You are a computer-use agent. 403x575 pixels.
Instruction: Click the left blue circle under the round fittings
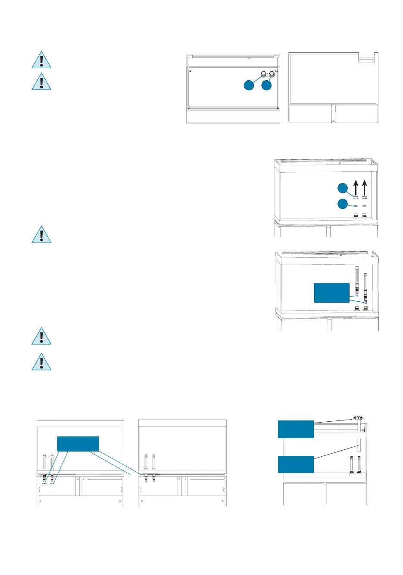[249, 85]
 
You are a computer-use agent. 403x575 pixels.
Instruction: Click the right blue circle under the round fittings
[267, 85]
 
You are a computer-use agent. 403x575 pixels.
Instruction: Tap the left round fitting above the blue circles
[264, 74]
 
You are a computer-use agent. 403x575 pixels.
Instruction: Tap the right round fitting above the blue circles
[272, 74]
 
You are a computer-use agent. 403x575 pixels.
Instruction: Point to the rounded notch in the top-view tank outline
[367, 59]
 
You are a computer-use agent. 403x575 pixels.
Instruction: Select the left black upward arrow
[356, 188]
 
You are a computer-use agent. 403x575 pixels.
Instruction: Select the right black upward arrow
[365, 188]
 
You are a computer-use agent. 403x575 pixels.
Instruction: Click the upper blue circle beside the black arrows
[342, 188]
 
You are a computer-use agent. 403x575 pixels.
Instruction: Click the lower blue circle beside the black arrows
[342, 204]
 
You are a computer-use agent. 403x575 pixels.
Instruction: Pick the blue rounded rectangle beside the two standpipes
[331, 293]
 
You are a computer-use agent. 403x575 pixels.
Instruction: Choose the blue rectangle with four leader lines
[78, 444]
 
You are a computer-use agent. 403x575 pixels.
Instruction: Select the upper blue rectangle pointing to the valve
[296, 429]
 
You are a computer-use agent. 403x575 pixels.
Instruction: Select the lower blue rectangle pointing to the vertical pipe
[296, 464]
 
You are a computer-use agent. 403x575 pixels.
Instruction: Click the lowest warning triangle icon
[41, 363]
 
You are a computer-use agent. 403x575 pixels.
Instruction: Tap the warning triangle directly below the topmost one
[41, 82]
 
